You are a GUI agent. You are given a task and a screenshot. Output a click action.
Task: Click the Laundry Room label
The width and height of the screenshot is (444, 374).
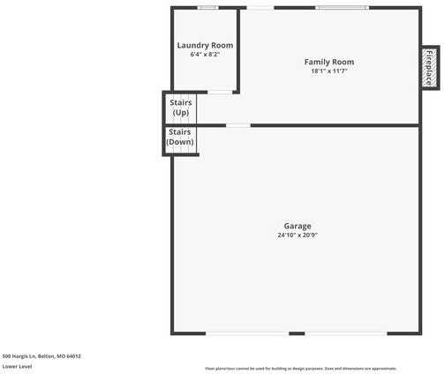coord(205,45)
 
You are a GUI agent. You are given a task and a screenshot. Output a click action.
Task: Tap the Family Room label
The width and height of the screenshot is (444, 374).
coord(329,62)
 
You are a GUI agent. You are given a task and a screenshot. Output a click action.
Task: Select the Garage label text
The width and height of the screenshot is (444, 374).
coord(297,226)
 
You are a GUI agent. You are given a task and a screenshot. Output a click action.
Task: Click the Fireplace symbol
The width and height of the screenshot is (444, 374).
coord(430,67)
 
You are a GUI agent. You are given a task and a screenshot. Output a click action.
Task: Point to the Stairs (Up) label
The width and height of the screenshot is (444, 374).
coord(180,108)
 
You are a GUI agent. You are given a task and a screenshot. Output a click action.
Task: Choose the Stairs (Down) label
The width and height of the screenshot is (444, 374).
coord(180,137)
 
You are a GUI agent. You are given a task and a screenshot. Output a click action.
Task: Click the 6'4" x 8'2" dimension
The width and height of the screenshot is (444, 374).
coord(205,55)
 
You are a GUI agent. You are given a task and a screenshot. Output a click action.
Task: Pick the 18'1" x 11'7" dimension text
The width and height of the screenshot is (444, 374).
coord(329,71)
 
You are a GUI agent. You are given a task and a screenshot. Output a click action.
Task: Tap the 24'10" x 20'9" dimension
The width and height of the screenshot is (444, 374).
coord(297,236)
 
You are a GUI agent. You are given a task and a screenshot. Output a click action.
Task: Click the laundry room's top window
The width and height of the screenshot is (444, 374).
coord(207,8)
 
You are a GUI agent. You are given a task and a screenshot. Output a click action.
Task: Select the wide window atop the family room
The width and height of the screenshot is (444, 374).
coord(342,8)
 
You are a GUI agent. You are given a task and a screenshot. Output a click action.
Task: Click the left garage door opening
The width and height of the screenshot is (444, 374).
coord(246,333)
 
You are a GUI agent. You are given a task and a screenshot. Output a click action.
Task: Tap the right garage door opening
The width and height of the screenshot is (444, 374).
coord(346,333)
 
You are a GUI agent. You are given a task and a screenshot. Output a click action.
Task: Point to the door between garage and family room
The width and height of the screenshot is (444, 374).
coord(237,125)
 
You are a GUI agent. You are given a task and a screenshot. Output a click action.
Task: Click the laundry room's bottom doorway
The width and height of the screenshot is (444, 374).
coord(220,92)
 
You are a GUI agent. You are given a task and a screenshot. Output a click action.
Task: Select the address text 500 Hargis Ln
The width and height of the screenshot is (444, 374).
coord(41,356)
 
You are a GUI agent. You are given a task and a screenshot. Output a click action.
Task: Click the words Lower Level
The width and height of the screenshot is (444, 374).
coord(17,365)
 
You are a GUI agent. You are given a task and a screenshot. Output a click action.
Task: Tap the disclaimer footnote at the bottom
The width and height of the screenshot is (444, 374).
coord(300,369)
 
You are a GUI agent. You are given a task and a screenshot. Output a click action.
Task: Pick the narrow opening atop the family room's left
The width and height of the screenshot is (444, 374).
coord(260,8)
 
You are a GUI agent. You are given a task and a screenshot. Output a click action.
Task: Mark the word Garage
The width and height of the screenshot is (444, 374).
coord(297,226)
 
